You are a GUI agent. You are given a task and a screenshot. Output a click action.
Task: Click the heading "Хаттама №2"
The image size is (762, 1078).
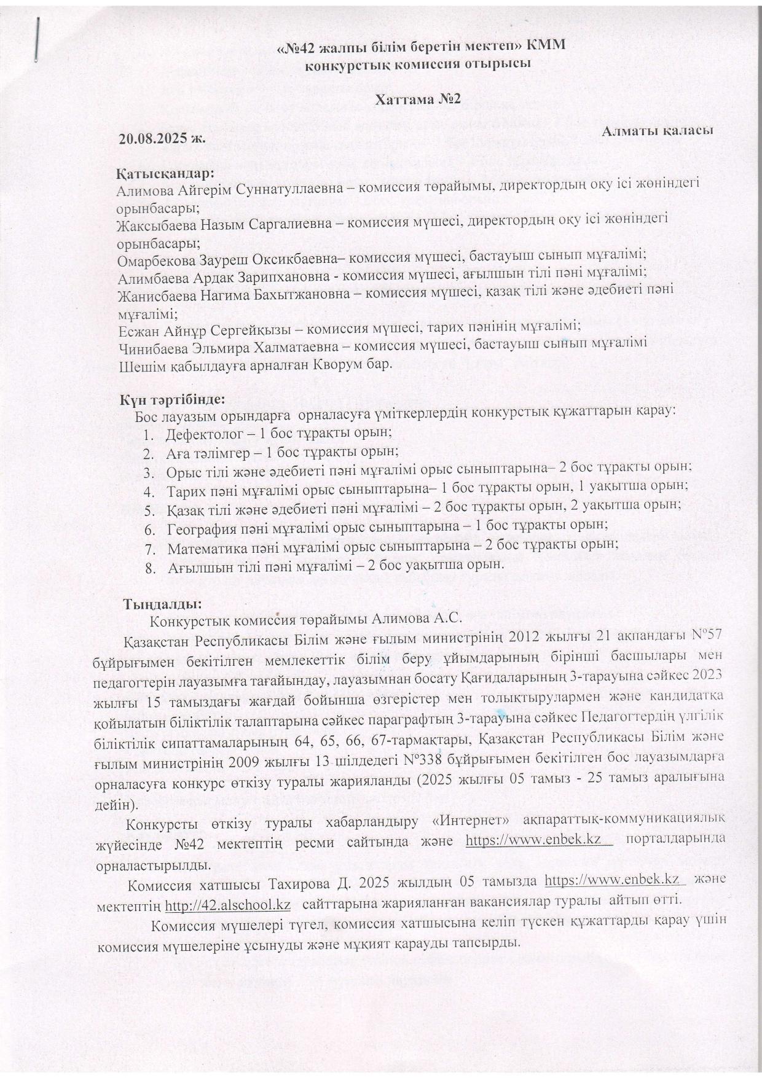[418, 99]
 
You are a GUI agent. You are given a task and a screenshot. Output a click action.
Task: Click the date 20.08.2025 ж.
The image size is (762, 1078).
[162, 139]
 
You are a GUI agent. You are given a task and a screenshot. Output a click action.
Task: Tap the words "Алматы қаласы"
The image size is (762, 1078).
[658, 131]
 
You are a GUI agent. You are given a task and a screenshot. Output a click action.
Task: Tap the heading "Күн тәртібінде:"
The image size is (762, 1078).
[173, 399]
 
